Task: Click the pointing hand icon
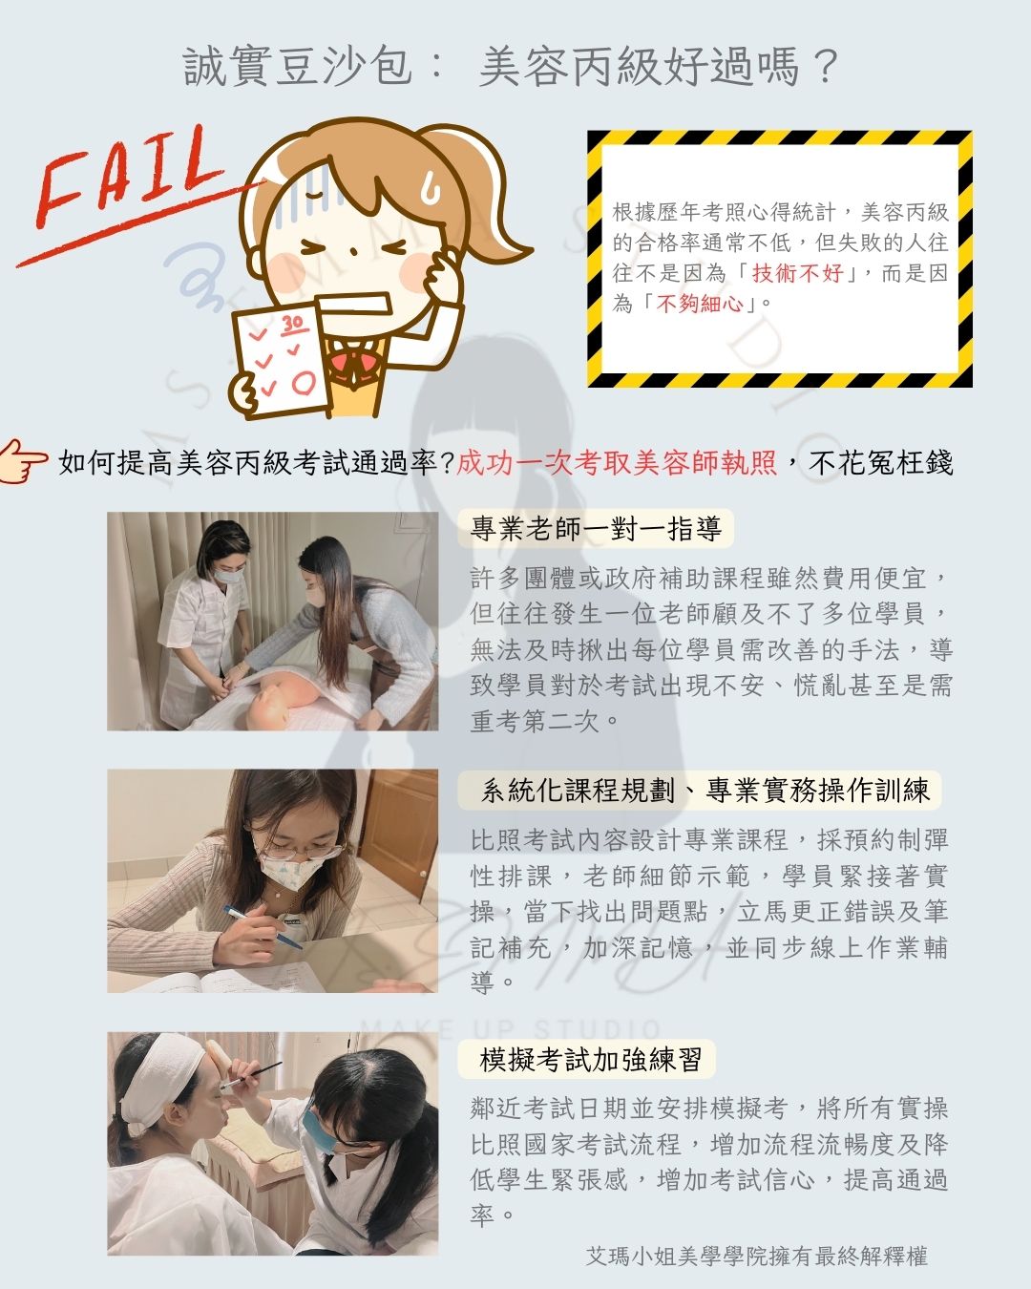[x=23, y=461]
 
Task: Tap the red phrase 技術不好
[x=797, y=273]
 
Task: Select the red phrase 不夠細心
[x=700, y=304]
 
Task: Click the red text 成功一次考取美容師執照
[x=617, y=462]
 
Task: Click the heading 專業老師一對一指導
[x=596, y=528]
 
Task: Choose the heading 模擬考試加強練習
[x=590, y=1060]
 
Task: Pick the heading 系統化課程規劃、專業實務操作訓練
[x=705, y=790]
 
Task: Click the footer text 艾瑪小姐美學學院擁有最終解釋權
[x=757, y=1256]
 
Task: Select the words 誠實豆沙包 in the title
[x=297, y=66]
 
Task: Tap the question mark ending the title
[x=826, y=67]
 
